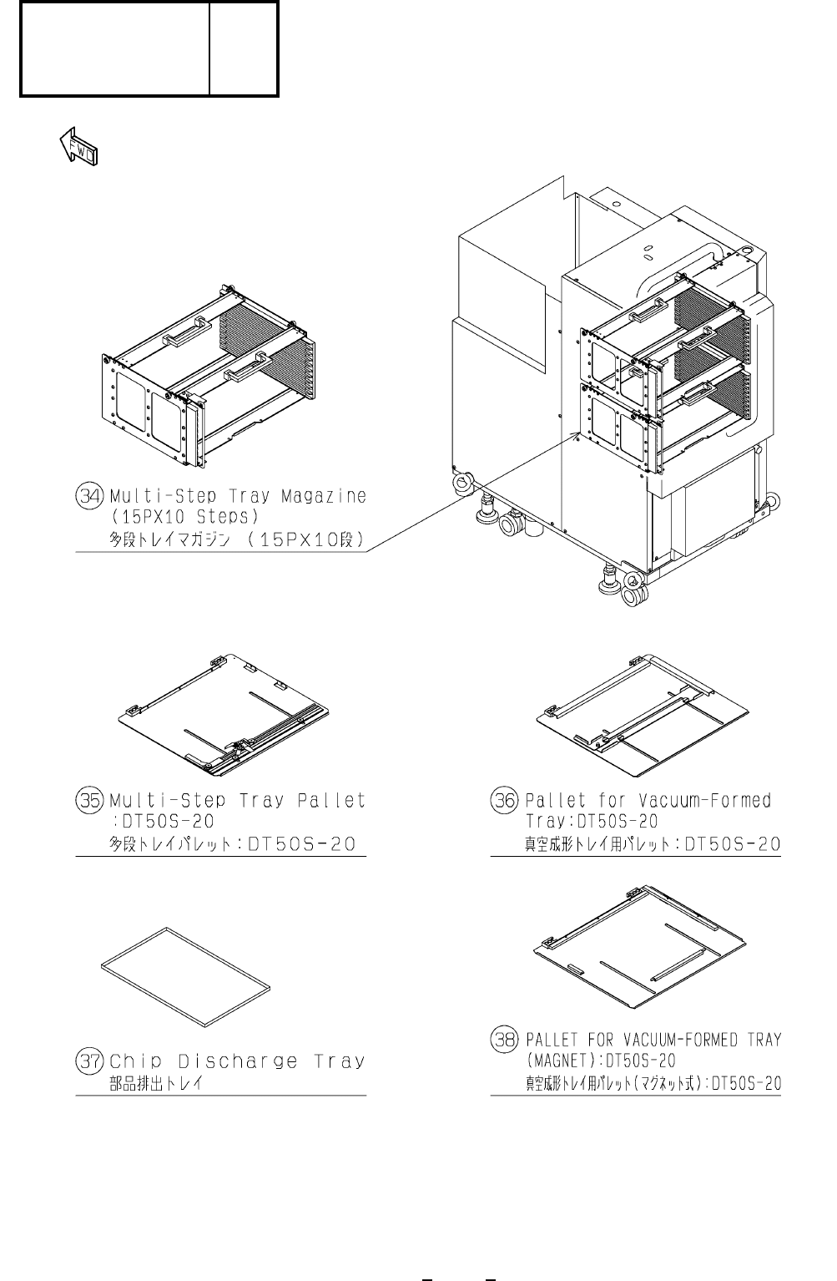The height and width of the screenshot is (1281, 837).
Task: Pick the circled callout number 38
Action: pyautogui.click(x=504, y=1040)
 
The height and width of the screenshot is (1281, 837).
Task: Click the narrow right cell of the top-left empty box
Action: pyautogui.click(x=243, y=48)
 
